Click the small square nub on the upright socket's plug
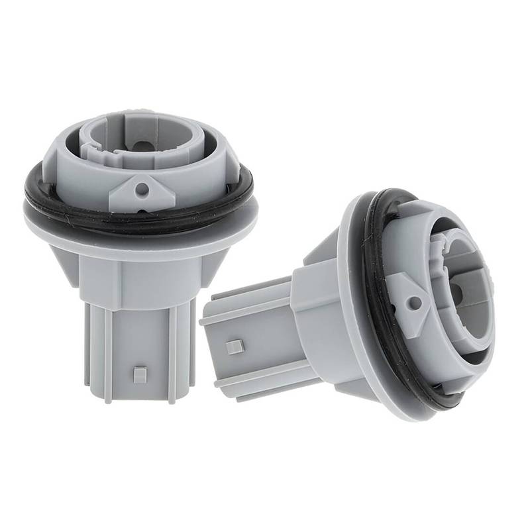coord(140,374)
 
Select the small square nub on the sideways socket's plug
coord(233,347)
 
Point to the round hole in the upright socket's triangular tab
coord(141,189)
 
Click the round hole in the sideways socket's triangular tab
coord(415,303)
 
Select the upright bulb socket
coord(139,252)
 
